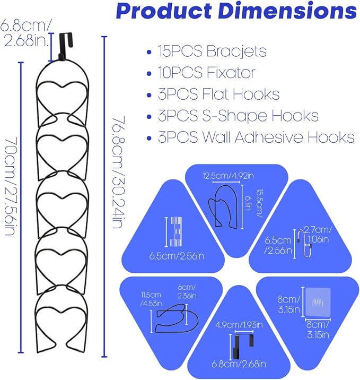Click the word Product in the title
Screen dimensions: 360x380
coord(164,11)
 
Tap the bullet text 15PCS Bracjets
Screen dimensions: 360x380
coord(212,51)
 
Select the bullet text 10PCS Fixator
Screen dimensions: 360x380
coord(207,73)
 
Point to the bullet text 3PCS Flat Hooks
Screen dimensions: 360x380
coord(218,94)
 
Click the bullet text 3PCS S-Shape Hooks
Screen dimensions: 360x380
coord(238,116)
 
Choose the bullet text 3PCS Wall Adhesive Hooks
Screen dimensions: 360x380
coord(256,137)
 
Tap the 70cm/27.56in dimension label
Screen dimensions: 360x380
coord(11,186)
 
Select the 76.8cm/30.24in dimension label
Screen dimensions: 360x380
coord(119,172)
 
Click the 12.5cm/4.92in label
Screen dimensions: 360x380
coord(228,176)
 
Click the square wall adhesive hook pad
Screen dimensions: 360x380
coord(318,302)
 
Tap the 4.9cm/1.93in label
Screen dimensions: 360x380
coord(239,325)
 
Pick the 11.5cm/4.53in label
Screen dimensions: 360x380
coord(152,299)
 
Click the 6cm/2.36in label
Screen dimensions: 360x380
coord(187,291)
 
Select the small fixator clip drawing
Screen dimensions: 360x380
coord(176,232)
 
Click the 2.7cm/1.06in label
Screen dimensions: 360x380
coord(318,235)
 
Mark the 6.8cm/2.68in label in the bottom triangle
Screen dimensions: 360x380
coord(239,364)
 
